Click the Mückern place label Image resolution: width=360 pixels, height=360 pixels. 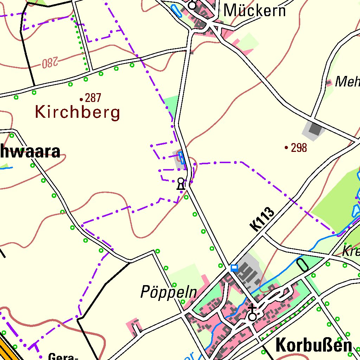click(255, 11)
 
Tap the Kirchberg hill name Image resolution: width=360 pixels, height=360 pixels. click(78, 113)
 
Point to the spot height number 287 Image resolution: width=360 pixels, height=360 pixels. click(93, 98)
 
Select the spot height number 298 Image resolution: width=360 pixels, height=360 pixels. click(299, 148)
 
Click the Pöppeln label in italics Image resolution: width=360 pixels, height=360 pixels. click(168, 292)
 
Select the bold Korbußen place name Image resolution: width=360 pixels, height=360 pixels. click(314, 345)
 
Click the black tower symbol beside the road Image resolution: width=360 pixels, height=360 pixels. click(181, 184)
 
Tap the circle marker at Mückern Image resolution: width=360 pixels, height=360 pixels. click(192, 6)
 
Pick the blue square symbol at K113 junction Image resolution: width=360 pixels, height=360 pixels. click(234, 268)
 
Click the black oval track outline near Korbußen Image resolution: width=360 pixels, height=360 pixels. click(302, 265)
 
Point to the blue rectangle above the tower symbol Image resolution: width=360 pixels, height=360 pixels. click(181, 158)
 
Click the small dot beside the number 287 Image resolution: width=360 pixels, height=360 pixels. click(81, 99)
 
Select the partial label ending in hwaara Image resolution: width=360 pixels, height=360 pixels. click(30, 152)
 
